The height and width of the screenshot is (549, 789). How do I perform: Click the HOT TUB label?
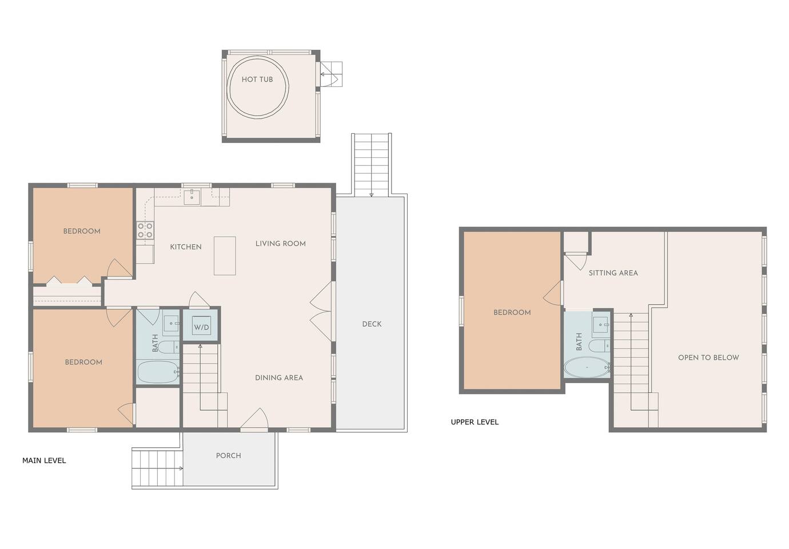click(257, 79)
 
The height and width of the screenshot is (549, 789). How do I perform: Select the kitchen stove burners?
click(145, 230)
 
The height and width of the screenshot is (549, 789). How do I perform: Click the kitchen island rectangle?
click(225, 256)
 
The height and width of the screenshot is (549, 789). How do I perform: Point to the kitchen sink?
click(192, 197)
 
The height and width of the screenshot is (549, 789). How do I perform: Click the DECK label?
click(372, 324)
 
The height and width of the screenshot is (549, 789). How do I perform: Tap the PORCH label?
click(229, 456)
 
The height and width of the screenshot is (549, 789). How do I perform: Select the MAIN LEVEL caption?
click(44, 460)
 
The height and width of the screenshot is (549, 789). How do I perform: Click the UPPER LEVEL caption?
click(475, 422)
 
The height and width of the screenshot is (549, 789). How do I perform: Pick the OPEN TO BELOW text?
click(708, 357)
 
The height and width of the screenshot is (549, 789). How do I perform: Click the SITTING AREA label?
click(613, 273)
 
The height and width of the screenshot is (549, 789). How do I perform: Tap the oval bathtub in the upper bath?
click(587, 368)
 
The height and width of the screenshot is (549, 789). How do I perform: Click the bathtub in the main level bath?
click(158, 372)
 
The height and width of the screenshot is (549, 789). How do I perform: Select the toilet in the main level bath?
click(169, 347)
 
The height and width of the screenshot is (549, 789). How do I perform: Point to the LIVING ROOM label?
click(281, 244)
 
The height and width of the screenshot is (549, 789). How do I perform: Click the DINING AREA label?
click(279, 378)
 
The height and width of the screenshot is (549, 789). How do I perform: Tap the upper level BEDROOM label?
click(512, 313)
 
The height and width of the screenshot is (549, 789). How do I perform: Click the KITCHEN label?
click(186, 247)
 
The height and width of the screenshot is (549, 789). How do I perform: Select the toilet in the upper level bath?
click(600, 346)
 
